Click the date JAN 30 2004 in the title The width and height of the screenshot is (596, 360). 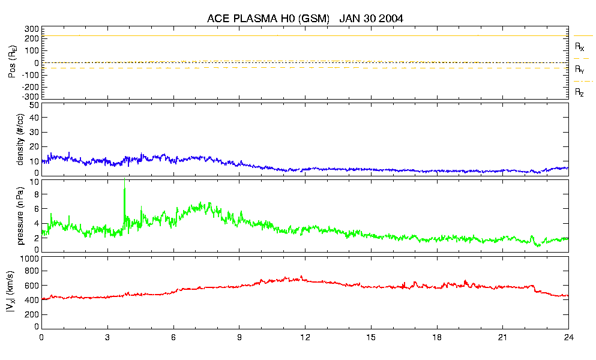[371, 19]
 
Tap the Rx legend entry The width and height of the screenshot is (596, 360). [579, 46]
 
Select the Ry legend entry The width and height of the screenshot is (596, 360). [579, 70]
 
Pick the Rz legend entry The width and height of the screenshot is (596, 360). [579, 92]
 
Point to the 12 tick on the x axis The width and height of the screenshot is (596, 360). [305, 338]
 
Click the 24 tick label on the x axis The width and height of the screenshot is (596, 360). [568, 338]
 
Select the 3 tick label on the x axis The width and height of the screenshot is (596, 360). [107, 338]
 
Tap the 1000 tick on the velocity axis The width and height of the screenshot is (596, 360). [29, 259]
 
